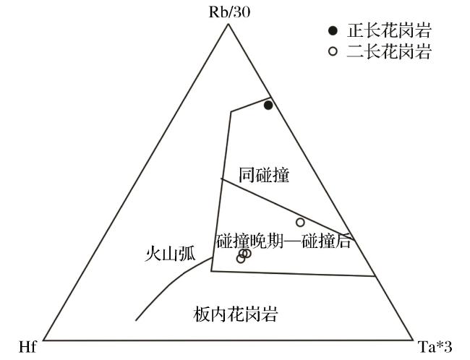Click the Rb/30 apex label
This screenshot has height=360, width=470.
(x=229, y=12)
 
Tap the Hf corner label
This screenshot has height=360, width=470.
(x=27, y=348)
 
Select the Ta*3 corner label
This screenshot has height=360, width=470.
(x=435, y=348)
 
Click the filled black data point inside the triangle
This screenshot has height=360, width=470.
(x=268, y=106)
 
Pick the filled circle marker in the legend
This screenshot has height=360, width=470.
(x=333, y=30)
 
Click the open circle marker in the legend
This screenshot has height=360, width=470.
(x=333, y=51)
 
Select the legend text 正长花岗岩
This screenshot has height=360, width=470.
(x=389, y=30)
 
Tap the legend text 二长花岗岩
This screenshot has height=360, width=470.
(x=389, y=51)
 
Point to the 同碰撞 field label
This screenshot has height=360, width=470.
(x=264, y=176)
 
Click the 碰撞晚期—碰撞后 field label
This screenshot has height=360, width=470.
(x=283, y=241)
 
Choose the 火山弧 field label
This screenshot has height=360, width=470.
(x=170, y=254)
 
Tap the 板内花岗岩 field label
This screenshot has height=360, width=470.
(x=235, y=314)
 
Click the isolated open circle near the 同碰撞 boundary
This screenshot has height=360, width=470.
(x=300, y=222)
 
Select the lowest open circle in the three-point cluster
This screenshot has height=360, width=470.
(x=241, y=258)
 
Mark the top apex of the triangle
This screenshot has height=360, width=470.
(x=228, y=24)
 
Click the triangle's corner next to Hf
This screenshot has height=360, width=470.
(x=43, y=340)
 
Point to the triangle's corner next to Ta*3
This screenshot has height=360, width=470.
(x=413, y=340)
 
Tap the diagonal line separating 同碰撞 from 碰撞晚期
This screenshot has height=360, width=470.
(x=288, y=210)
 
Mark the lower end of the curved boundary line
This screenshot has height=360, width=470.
(x=136, y=320)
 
